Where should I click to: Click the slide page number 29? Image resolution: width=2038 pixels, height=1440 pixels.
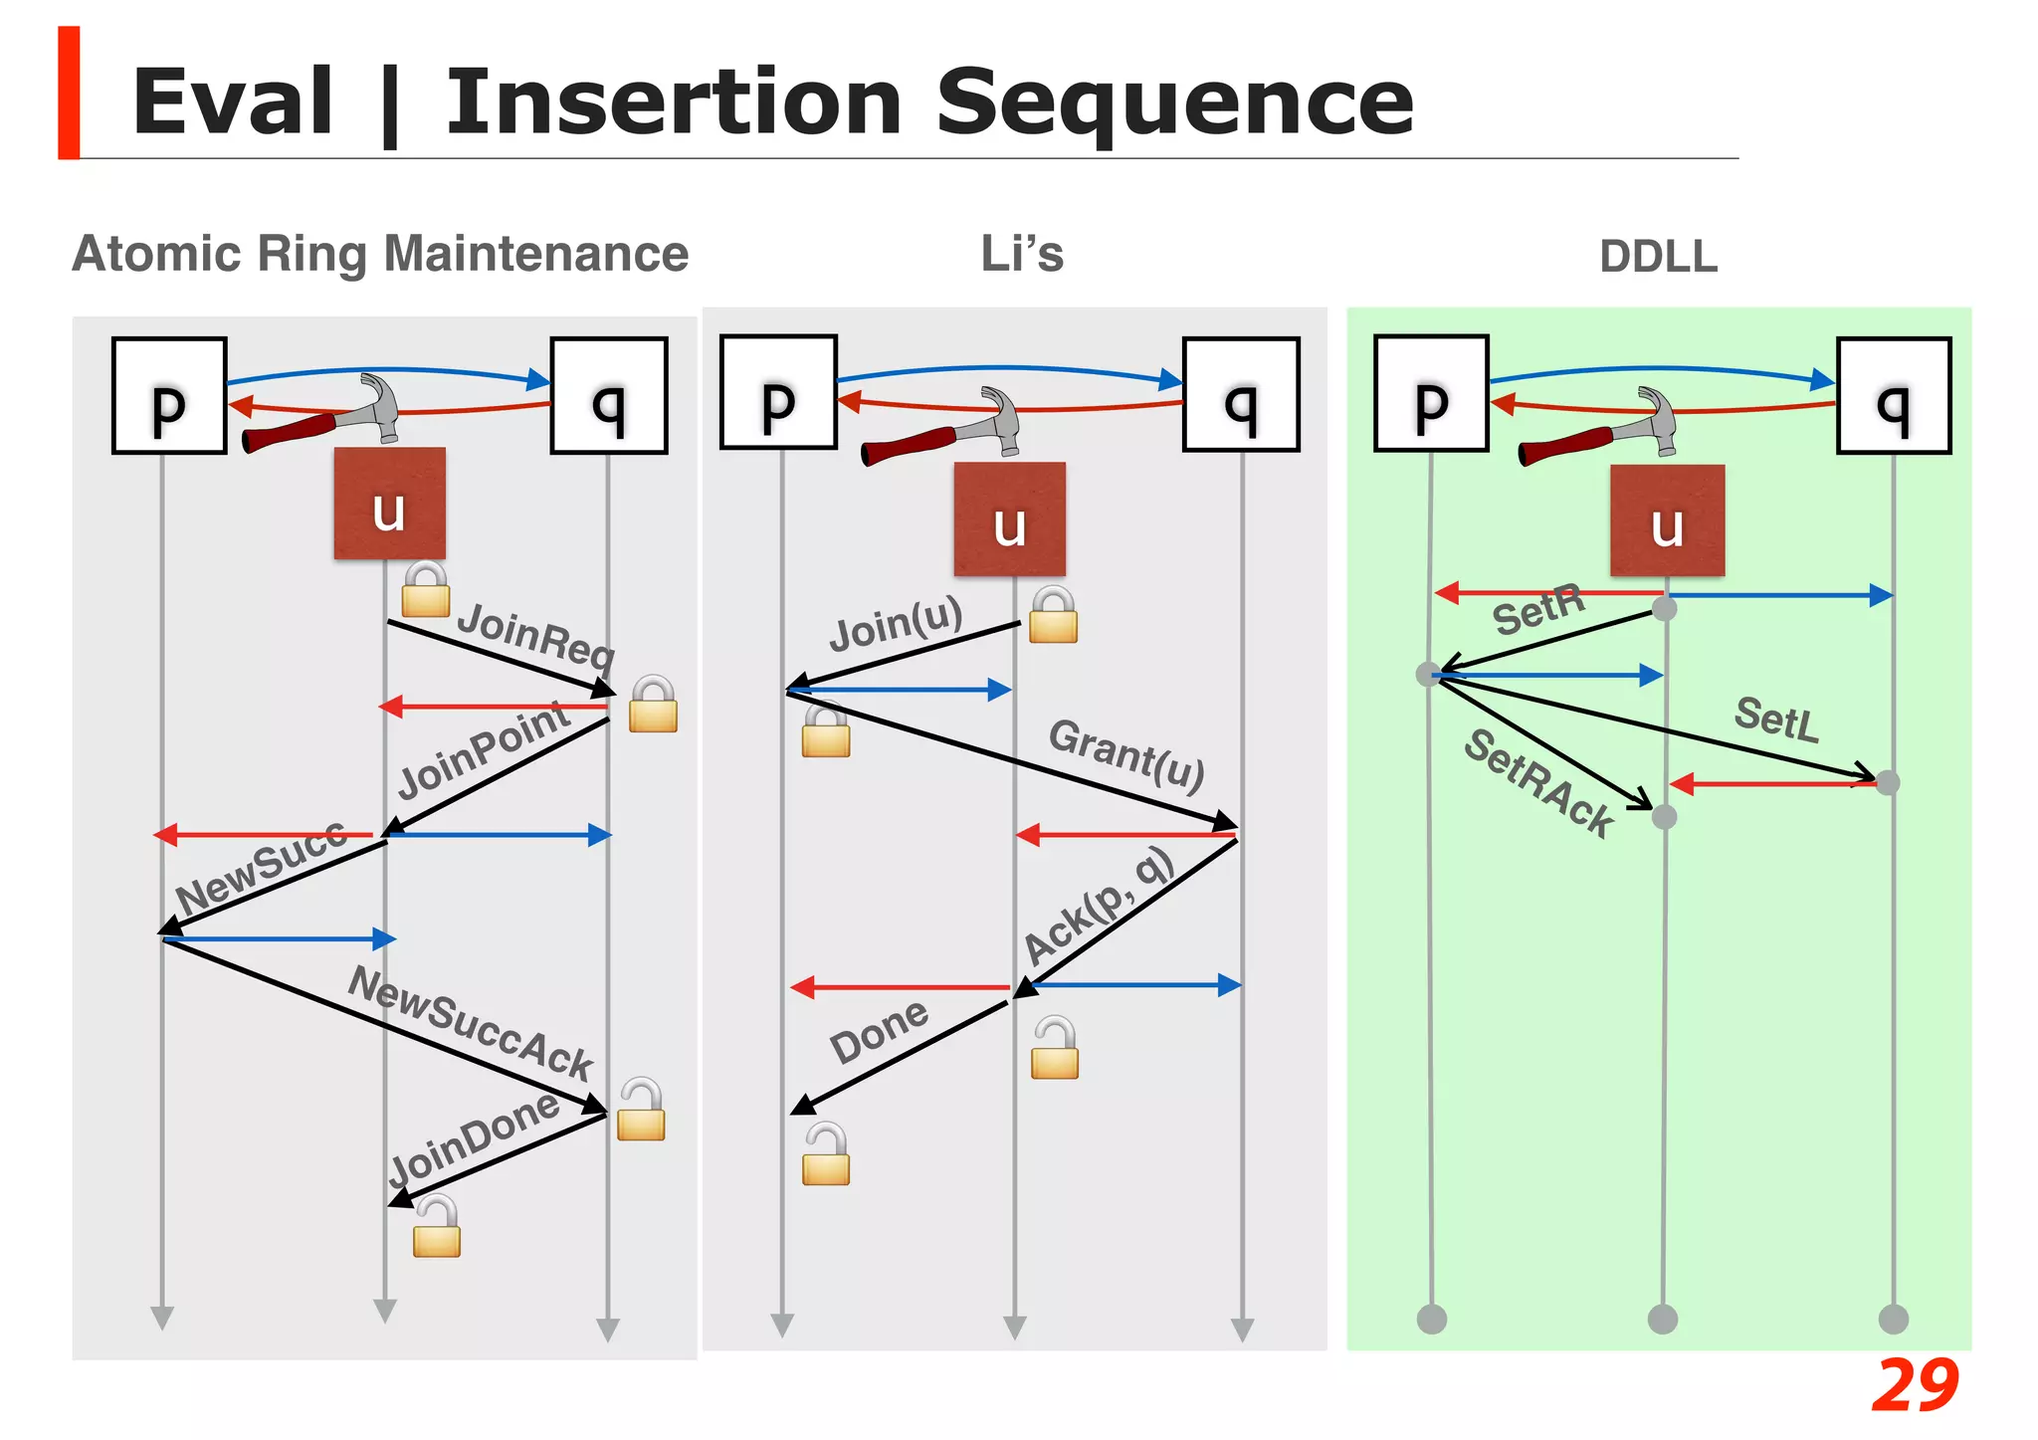point(1914,1385)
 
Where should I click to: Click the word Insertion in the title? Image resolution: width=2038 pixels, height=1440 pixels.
point(673,103)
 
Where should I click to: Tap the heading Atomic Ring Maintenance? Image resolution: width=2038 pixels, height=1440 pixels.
point(380,254)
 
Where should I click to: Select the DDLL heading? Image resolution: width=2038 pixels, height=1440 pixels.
point(1658,257)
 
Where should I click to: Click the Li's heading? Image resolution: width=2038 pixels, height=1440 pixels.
point(1022,254)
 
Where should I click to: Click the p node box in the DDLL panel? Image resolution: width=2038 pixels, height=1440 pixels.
point(1430,394)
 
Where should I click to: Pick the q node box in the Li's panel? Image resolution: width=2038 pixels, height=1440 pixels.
point(1241,395)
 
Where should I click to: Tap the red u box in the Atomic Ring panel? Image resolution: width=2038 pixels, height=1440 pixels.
point(389,504)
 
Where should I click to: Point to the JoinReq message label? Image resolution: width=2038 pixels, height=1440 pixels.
point(536,636)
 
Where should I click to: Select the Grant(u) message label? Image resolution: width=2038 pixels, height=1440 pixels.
point(1126,753)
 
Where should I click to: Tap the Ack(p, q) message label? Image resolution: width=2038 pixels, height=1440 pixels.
point(1099,906)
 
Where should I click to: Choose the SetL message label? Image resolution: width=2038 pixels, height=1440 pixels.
point(1776,719)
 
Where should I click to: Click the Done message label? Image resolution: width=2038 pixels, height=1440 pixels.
point(879,1032)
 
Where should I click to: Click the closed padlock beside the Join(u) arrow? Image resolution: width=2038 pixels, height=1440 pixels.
point(1053,615)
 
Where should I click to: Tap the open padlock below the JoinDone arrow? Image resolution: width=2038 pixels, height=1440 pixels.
point(437,1226)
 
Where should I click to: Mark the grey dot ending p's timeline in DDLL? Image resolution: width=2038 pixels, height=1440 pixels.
point(1431,1320)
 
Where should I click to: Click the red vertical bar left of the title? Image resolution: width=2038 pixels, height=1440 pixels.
point(69,93)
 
